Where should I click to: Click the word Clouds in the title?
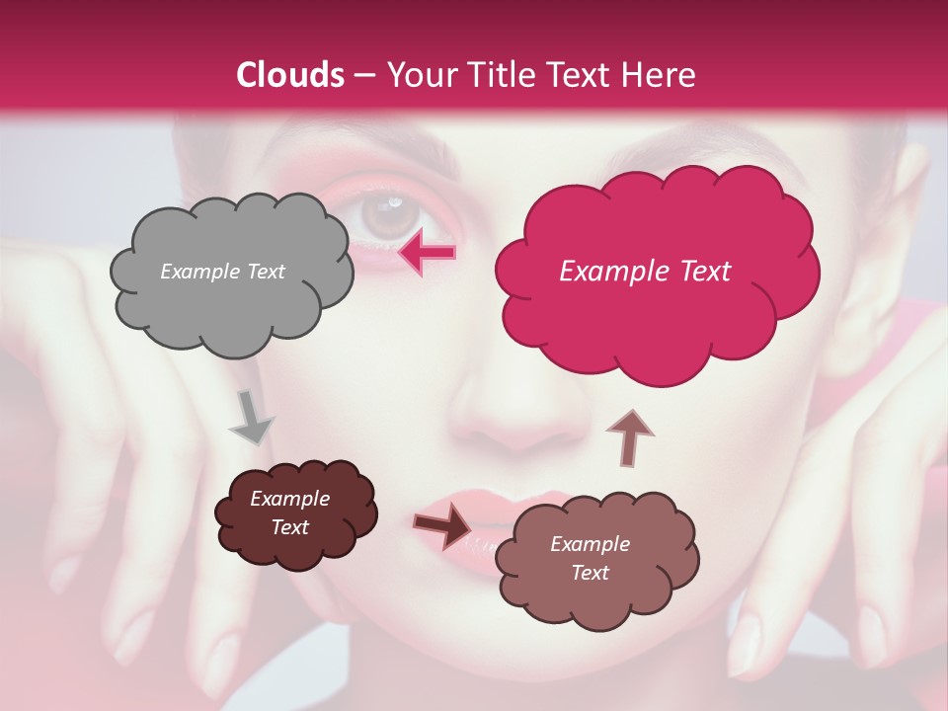[290, 75]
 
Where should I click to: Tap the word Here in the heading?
[660, 75]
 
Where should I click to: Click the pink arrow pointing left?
[427, 253]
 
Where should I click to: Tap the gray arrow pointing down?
[251, 417]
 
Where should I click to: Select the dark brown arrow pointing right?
[442, 525]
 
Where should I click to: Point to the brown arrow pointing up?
[629, 437]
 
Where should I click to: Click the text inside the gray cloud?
[222, 272]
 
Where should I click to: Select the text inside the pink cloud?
[645, 272]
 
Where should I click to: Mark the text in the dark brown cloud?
[289, 513]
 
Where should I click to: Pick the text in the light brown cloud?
[590, 558]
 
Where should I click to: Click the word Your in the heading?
[420, 75]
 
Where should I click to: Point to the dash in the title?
[363, 75]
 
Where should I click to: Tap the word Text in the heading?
[576, 75]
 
